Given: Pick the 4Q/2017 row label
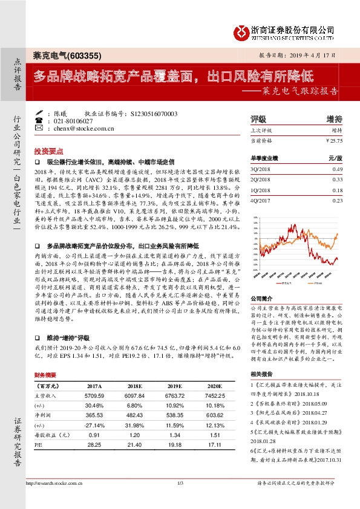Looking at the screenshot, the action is pyautogui.click(x=260, y=200).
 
